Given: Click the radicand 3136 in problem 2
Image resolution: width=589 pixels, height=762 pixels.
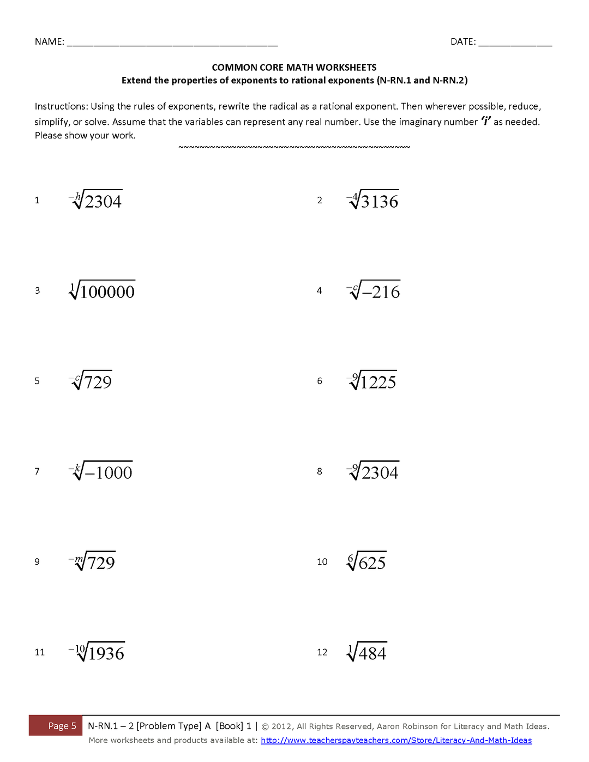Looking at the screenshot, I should tap(380, 202).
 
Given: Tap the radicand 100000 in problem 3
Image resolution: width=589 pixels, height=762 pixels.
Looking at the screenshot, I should tap(107, 292).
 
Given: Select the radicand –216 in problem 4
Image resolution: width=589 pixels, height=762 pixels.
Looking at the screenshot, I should tap(381, 292).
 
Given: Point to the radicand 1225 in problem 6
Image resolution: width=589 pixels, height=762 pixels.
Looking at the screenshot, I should tap(378, 383).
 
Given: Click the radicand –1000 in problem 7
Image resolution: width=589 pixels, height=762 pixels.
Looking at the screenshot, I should tap(109, 473).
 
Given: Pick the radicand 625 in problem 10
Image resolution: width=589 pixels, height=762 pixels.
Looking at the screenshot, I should tap(372, 563).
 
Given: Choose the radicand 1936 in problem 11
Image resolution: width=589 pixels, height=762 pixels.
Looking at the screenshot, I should tap(106, 654).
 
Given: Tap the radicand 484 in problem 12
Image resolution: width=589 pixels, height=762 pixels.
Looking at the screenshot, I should tap(372, 654).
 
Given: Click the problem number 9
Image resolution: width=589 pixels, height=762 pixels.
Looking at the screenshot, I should tap(37, 562).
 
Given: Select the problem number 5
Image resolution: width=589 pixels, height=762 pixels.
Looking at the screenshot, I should tap(37, 381).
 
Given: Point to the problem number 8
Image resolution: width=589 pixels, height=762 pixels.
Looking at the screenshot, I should tap(320, 471).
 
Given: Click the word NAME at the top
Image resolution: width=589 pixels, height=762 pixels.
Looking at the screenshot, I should tap(49, 42).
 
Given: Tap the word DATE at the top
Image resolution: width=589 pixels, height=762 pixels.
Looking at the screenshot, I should tap(462, 42).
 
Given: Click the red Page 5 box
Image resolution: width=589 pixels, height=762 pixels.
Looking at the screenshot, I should tap(56, 725).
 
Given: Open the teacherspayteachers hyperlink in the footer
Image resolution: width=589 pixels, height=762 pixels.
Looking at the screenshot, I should tap(396, 740).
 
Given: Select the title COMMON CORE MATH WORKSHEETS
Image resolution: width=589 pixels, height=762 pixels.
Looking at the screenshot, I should tap(294, 68).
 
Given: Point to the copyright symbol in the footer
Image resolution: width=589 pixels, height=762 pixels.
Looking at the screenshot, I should tap(265, 727).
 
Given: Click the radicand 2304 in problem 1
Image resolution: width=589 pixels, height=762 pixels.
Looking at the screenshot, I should tap(103, 202).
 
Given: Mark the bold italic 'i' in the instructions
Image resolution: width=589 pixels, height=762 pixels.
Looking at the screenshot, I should tap(486, 121).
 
